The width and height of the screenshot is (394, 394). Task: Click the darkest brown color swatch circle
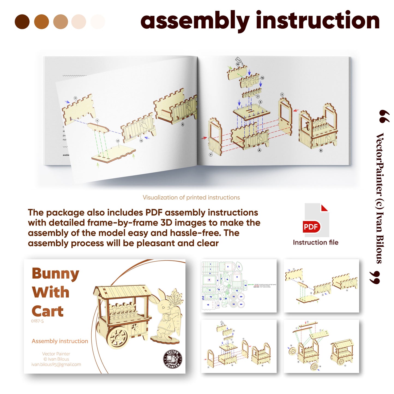coord(22,22)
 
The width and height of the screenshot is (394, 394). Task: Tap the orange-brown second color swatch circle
coord(41,22)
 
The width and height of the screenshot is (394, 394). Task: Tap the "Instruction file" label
coord(315,242)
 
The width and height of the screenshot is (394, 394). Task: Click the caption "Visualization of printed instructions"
coord(191,197)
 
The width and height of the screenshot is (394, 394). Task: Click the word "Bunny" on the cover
coord(55,274)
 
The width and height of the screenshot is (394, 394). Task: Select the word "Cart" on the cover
coord(48,311)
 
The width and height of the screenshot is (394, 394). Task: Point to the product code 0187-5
coord(37,321)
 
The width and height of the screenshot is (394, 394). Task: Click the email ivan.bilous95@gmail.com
coord(56,365)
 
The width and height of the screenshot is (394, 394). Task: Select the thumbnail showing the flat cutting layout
coord(239,286)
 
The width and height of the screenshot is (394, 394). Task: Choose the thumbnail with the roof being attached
coord(321,346)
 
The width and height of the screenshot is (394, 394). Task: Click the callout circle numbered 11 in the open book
coord(76,98)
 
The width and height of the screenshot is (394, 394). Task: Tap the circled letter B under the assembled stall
coord(321,151)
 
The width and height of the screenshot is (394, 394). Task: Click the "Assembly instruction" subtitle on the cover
coord(60,341)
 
